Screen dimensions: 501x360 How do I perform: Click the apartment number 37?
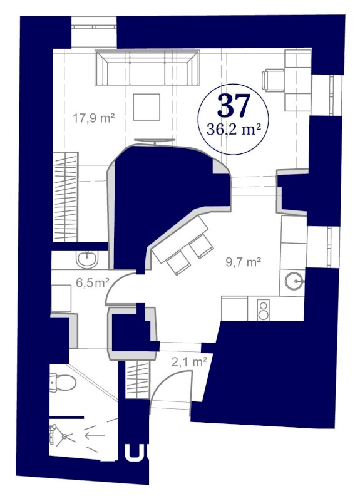pos(234,105)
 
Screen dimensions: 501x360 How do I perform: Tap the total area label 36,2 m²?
pos(234,130)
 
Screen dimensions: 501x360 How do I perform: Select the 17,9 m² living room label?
pos(93,117)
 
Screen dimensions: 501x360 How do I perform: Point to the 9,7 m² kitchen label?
pos(243,262)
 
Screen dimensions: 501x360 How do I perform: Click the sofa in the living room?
pos(143,68)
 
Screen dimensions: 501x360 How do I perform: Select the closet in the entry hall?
pos(136,378)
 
